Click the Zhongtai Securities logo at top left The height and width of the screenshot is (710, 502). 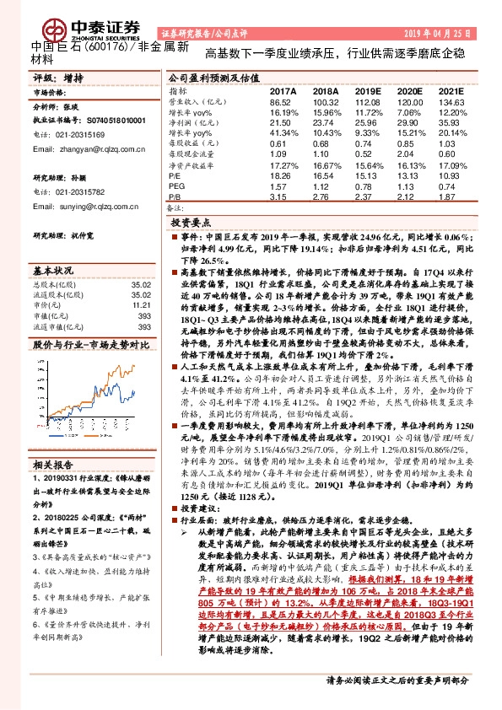pyautogui.click(x=63, y=25)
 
